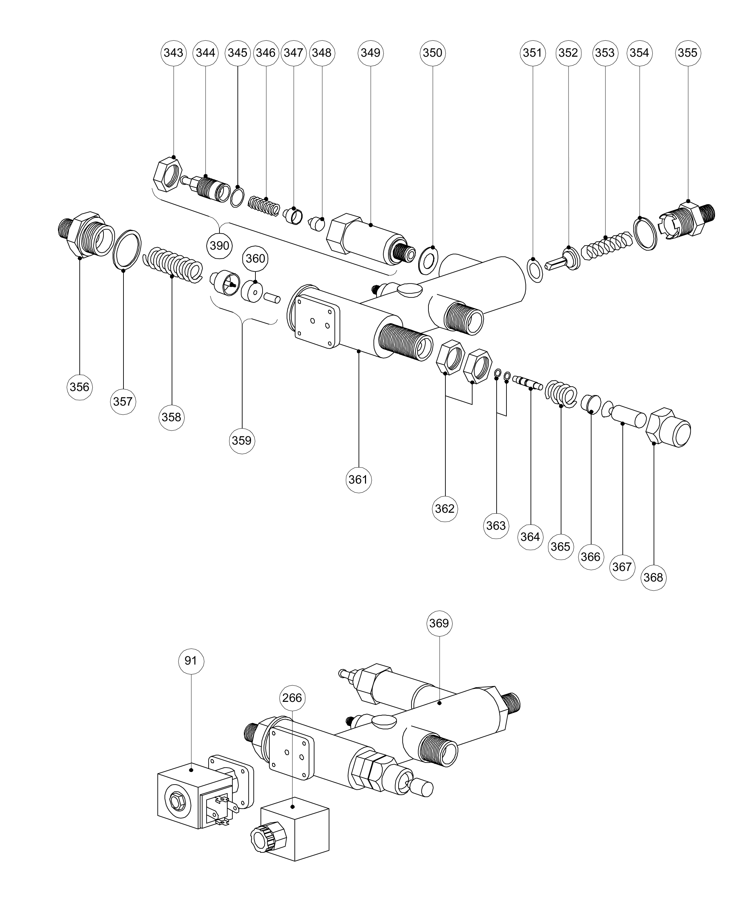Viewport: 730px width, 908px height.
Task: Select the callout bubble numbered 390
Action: point(219,245)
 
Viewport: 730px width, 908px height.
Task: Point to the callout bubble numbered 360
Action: point(255,258)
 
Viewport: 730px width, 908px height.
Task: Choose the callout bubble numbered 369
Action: point(439,623)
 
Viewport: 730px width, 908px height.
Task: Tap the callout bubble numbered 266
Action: point(292,698)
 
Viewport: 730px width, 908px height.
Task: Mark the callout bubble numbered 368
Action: point(653,577)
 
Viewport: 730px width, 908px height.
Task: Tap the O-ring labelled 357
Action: point(127,249)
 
